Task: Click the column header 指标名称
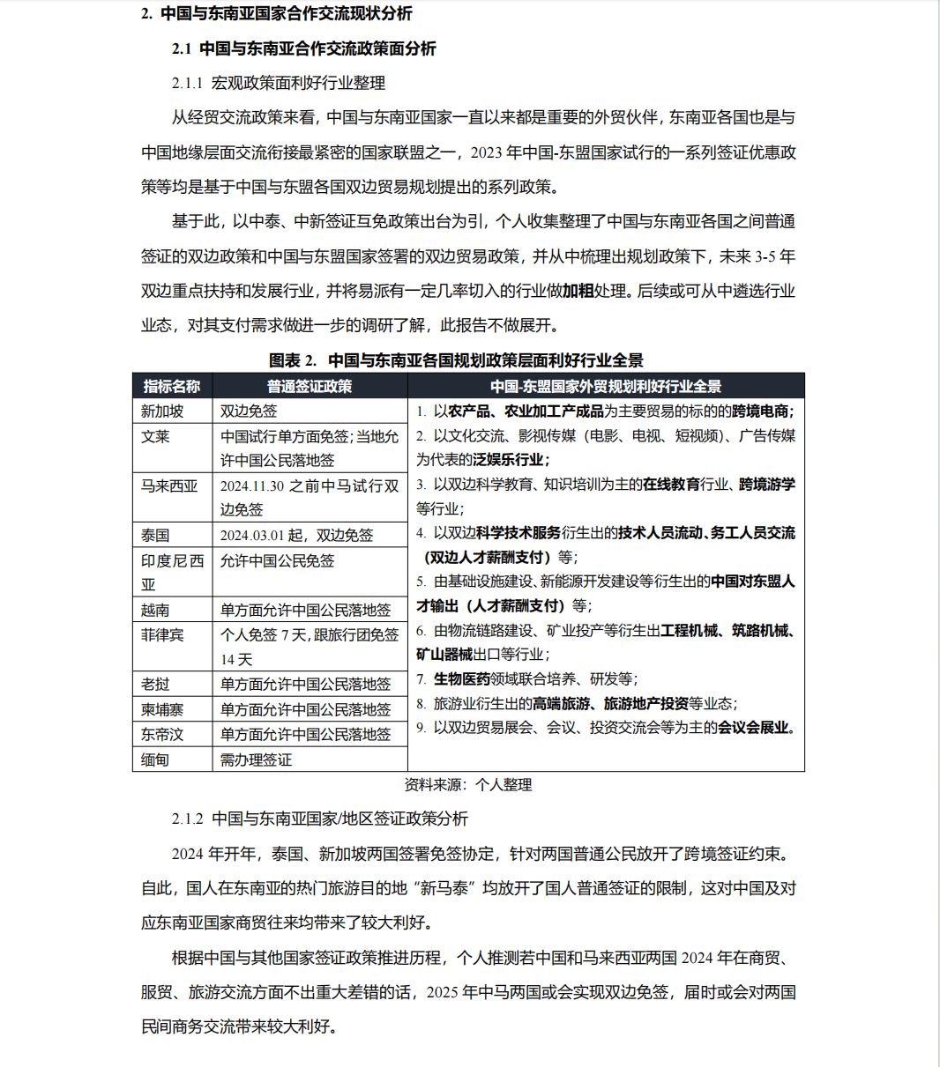pos(172,386)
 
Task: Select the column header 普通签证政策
pos(310,386)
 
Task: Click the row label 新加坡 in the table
pos(162,411)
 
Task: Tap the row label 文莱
pos(155,436)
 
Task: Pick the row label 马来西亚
pos(169,485)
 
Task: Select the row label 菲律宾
pos(162,634)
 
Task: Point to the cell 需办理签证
pos(256,759)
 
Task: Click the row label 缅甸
pos(155,759)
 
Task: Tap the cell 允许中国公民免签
pos(277,560)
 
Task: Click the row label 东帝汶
pos(162,734)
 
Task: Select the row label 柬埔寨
pos(162,709)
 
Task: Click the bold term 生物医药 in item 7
pos(462,678)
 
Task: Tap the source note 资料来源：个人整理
pos(468,784)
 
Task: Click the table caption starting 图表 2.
pos(456,360)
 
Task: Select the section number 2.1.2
pos(187,819)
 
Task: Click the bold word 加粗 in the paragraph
pos(578,291)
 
